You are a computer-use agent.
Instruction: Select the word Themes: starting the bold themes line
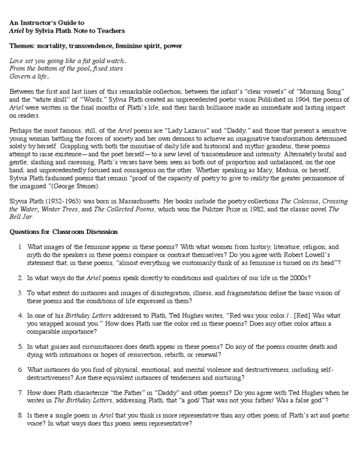click(23, 46)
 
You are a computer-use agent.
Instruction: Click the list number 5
click(21, 346)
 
